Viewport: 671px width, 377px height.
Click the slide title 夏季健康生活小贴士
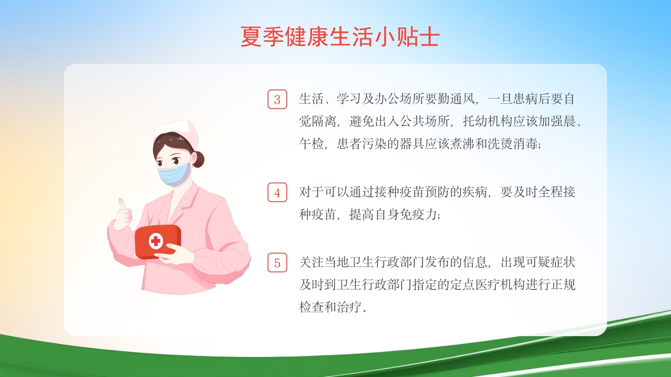click(x=340, y=37)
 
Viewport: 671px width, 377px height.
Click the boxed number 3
click(x=277, y=99)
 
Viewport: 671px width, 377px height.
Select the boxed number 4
click(x=277, y=193)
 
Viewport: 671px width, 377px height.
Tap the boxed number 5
click(x=277, y=262)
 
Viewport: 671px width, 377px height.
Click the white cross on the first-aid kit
click(x=156, y=241)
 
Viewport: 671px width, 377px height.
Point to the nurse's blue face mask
click(x=175, y=173)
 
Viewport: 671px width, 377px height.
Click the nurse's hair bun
click(x=198, y=159)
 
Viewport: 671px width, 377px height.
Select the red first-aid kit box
click(x=157, y=241)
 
